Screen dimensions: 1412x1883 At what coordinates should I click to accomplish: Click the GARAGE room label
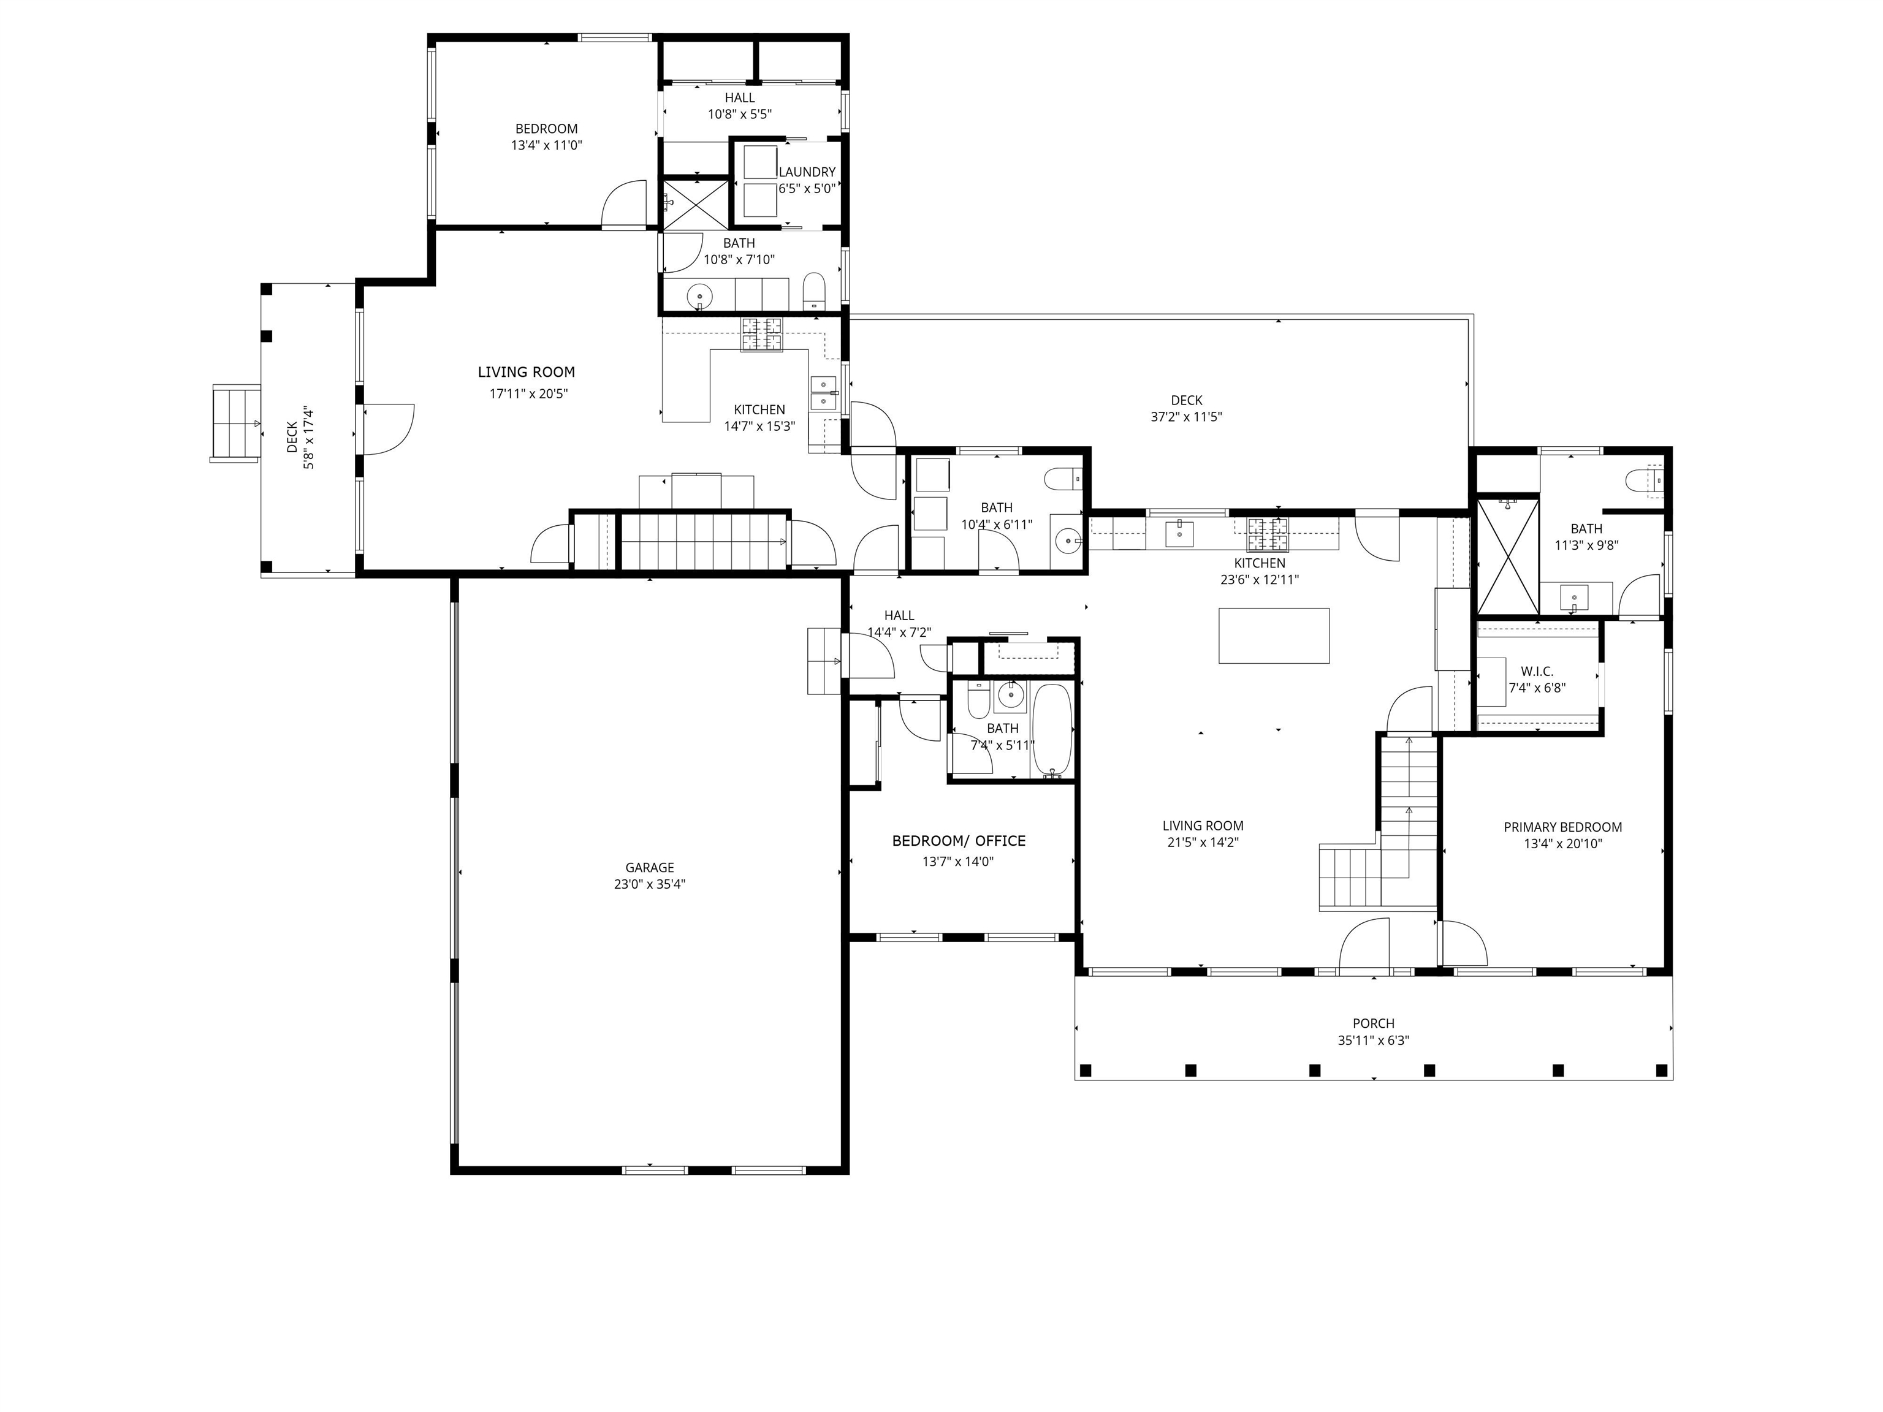pyautogui.click(x=650, y=867)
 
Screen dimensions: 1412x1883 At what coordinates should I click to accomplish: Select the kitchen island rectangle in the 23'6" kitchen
pyautogui.click(x=1274, y=635)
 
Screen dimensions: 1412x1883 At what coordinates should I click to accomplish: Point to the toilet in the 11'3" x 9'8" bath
pyautogui.click(x=1641, y=482)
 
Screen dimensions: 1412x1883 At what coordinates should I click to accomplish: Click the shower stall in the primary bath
pyautogui.click(x=1508, y=556)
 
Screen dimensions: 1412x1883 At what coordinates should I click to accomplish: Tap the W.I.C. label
pyautogui.click(x=1537, y=672)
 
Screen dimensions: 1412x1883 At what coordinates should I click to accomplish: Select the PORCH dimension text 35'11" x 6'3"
pyautogui.click(x=1373, y=1040)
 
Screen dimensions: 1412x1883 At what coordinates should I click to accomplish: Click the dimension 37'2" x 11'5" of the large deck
pyautogui.click(x=1186, y=417)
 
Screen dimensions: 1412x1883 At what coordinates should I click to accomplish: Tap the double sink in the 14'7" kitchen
pyautogui.click(x=823, y=393)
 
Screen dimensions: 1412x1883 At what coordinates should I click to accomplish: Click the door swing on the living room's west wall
pyautogui.click(x=388, y=430)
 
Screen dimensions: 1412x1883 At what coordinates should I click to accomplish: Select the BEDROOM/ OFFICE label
pyautogui.click(x=959, y=841)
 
